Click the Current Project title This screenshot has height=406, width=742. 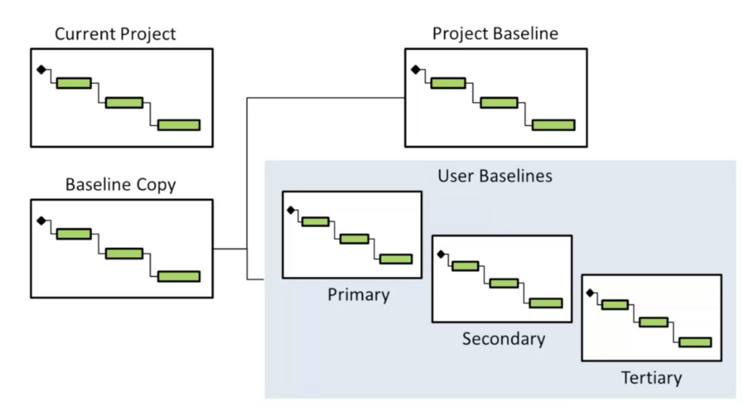click(116, 33)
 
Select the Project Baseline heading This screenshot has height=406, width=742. click(496, 33)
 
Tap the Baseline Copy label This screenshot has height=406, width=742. click(120, 184)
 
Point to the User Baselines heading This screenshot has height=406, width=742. click(495, 175)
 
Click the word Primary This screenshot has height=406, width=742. click(358, 294)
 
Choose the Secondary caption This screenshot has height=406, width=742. click(504, 339)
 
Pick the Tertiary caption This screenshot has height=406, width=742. click(651, 378)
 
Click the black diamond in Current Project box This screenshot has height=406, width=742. click(41, 70)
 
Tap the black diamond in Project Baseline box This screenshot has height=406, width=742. click(415, 70)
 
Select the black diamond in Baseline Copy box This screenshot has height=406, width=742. click(41, 220)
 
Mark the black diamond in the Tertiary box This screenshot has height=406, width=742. click(591, 293)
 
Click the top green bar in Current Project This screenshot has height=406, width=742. click(74, 83)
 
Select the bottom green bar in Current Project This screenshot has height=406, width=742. click(179, 125)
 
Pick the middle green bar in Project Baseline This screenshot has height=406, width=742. click(499, 102)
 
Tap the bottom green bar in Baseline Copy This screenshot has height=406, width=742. click(179, 275)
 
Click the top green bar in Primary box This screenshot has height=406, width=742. click(315, 221)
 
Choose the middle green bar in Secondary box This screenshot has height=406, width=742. click(504, 283)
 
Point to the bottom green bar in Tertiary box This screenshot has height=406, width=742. click(695, 342)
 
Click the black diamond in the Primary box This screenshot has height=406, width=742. click(291, 210)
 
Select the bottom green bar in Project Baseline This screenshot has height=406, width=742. click(554, 125)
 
